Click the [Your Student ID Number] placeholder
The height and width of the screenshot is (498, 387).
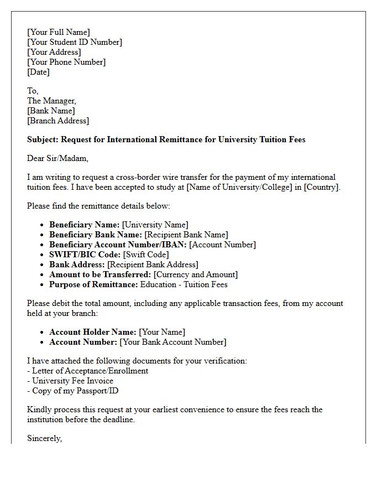pos(75,42)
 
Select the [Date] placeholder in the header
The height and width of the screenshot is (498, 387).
pos(38,72)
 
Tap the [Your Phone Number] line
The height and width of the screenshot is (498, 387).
pos(66,62)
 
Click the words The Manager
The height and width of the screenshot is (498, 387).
pos(51,101)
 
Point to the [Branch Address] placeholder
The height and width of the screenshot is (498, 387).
pos(58,121)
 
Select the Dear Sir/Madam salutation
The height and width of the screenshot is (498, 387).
pos(57,158)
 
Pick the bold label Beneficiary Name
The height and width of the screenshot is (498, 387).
pos(84,225)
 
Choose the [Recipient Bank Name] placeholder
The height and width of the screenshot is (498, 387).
pos(186,235)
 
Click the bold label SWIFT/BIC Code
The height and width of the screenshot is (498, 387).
pos(85,255)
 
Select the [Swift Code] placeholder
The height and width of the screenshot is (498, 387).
pos(146,255)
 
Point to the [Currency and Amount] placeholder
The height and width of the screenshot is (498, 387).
pos(196,274)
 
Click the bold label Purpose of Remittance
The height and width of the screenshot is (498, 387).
pos(93,284)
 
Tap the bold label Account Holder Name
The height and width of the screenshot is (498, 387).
pos(92,332)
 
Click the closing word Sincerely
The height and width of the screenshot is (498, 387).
pos(44,438)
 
